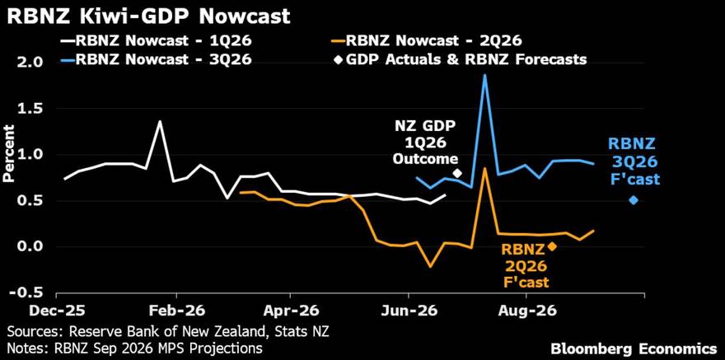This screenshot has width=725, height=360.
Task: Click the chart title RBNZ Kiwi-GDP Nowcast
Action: [148, 16]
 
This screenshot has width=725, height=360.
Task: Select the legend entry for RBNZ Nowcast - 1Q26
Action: [156, 41]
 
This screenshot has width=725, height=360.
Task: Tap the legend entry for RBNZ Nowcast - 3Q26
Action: [156, 59]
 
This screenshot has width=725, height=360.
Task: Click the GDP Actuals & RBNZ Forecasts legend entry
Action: [461, 59]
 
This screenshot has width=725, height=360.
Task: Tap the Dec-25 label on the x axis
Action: [58, 311]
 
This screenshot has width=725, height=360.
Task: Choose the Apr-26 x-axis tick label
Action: [292, 311]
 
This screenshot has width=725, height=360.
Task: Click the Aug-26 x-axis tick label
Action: [526, 311]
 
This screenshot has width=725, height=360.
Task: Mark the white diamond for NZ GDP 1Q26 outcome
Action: [457, 173]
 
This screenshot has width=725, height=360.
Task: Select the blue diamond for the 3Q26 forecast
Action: [634, 200]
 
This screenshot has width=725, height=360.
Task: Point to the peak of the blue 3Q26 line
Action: [484, 74]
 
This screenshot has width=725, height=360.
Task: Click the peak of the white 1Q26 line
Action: [160, 121]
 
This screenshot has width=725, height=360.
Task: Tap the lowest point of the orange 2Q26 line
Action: [431, 267]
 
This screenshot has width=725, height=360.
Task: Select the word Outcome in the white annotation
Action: [425, 160]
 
